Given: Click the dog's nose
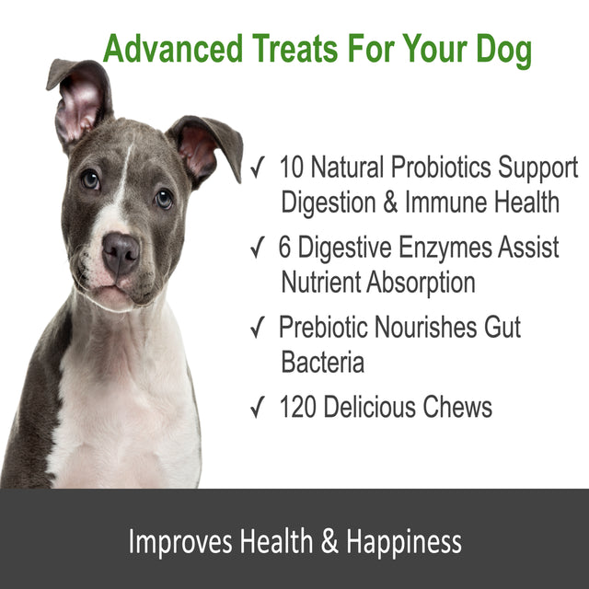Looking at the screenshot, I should [121, 253].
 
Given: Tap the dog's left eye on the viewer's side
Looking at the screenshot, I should [90, 179].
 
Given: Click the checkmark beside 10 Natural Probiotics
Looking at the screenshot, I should [260, 168].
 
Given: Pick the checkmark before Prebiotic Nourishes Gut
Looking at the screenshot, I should [260, 327].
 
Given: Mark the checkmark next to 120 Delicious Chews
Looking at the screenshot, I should [260, 407].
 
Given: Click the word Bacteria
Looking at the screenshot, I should [323, 362].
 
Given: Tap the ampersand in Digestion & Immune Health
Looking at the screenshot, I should [391, 202].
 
